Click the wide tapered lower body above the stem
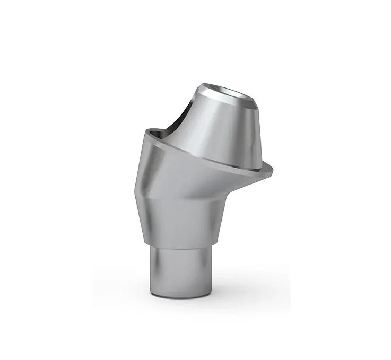click(183, 217)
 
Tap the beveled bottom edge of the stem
click(183, 294)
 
